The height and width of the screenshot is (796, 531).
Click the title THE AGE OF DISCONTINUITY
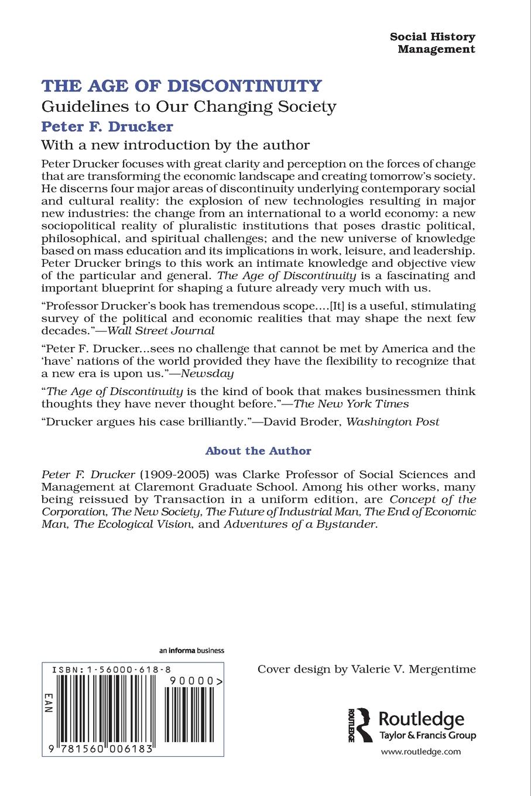tap(181, 86)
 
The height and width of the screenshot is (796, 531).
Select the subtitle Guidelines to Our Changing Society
tap(189, 107)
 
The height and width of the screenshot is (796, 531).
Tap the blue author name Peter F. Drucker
tap(107, 126)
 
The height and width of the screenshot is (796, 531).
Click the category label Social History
tap(432, 36)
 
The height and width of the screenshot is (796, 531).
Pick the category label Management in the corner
tap(436, 49)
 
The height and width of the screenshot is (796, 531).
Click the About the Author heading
tap(258, 451)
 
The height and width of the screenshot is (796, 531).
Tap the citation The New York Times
tap(351, 403)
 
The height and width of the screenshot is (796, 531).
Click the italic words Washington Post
tap(393, 421)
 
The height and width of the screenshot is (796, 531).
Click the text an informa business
tap(191, 650)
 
